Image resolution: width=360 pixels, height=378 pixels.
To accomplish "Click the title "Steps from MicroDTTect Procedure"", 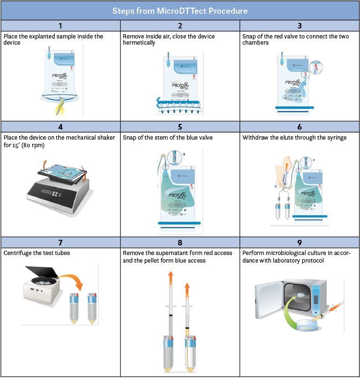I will click(180, 10).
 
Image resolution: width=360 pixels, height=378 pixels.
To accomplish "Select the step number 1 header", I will click(60, 26).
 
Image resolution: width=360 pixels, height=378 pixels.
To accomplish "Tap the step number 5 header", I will click(180, 127).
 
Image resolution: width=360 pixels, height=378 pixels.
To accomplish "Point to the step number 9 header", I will click(299, 242).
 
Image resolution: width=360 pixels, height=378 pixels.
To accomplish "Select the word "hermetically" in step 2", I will click(138, 43).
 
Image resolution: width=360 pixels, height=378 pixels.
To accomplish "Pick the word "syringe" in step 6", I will click(336, 138).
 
